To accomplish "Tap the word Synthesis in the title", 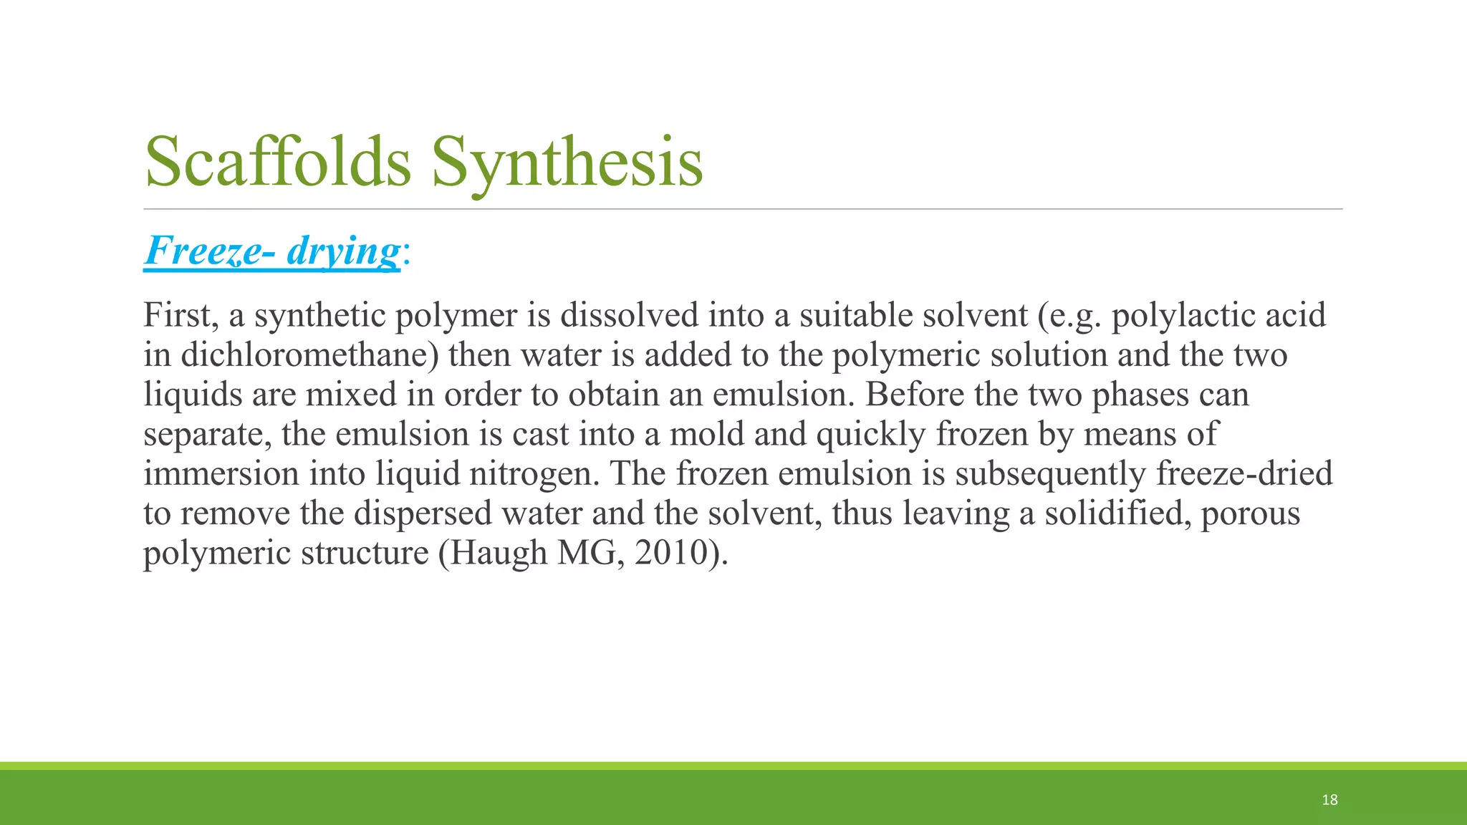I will pos(567,163).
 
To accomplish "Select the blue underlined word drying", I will pos(343,251).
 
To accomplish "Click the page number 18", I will pos(1329,800).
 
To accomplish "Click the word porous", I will pos(1250,513).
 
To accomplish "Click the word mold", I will pos(707,434).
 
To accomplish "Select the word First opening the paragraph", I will pos(181,315).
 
